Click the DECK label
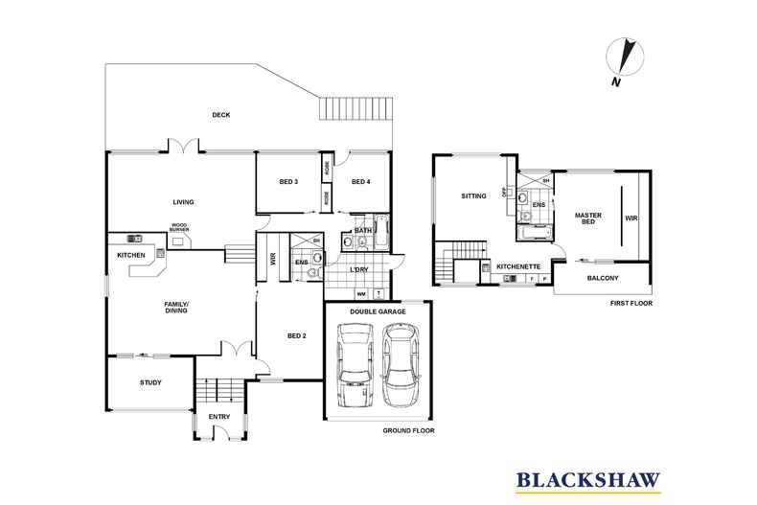221,115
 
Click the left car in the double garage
356,365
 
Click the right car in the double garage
400,365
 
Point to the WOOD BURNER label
178,229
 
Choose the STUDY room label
149,382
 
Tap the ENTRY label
219,416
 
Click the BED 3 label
288,182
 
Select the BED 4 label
360,182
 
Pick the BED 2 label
297,335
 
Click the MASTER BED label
587,219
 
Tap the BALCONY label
603,279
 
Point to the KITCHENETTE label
518,265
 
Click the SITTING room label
473,195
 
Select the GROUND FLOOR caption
408,431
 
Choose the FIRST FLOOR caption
631,303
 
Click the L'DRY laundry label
359,269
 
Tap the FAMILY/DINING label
174,308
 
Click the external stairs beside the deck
355,109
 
